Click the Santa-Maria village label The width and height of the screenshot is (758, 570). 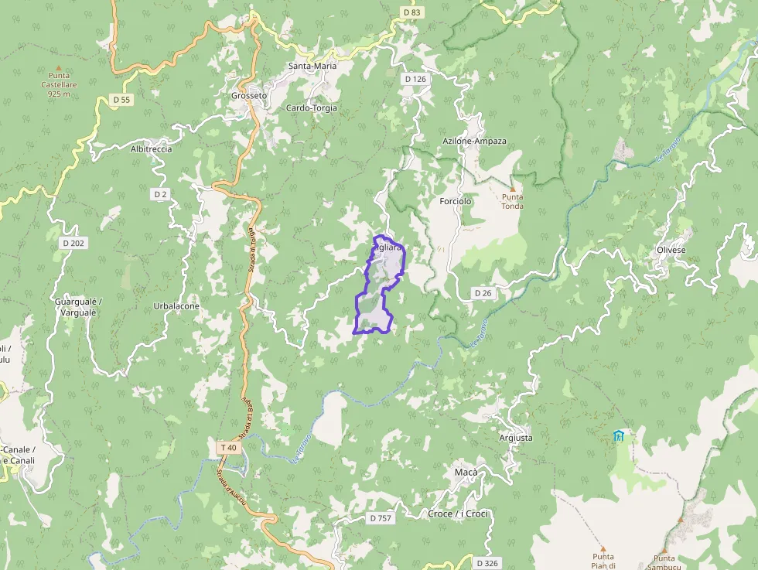pyautogui.click(x=312, y=66)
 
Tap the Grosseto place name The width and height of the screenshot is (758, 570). pyautogui.click(x=249, y=96)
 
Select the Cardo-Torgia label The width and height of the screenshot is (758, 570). pyautogui.click(x=312, y=108)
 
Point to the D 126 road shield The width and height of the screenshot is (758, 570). pyautogui.click(x=415, y=79)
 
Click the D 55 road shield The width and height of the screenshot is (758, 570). pyautogui.click(x=121, y=100)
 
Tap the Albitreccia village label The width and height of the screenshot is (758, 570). pyautogui.click(x=151, y=148)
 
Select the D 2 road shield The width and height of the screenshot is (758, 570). pyautogui.click(x=160, y=194)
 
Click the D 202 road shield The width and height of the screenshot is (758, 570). pyautogui.click(x=73, y=243)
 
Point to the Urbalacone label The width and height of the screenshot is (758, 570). pyautogui.click(x=176, y=306)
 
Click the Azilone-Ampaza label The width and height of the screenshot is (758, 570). pyautogui.click(x=475, y=142)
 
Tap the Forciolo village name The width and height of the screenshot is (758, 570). pyautogui.click(x=455, y=202)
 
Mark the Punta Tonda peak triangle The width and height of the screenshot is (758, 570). pyautogui.click(x=511, y=188)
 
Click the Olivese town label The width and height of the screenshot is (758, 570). pyautogui.click(x=671, y=251)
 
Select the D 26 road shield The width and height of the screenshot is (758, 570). pyautogui.click(x=483, y=292)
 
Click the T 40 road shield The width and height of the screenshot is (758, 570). pyautogui.click(x=227, y=448)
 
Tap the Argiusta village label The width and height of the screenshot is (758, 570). pyautogui.click(x=516, y=438)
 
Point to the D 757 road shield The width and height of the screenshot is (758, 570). pyautogui.click(x=380, y=518)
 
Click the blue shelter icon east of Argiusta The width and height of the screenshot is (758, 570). pyautogui.click(x=617, y=435)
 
